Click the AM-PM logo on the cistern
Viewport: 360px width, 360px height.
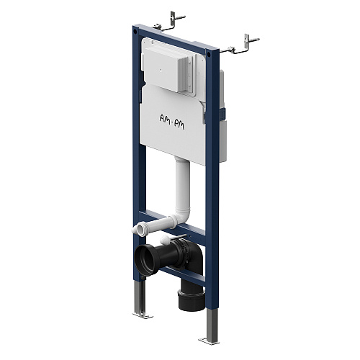[x=172, y=122]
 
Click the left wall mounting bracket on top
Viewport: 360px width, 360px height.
[x=169, y=22]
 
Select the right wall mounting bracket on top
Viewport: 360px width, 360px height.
[x=240, y=45]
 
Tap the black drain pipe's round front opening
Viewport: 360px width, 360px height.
[x=145, y=258]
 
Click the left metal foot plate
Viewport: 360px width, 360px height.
[x=143, y=315]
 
